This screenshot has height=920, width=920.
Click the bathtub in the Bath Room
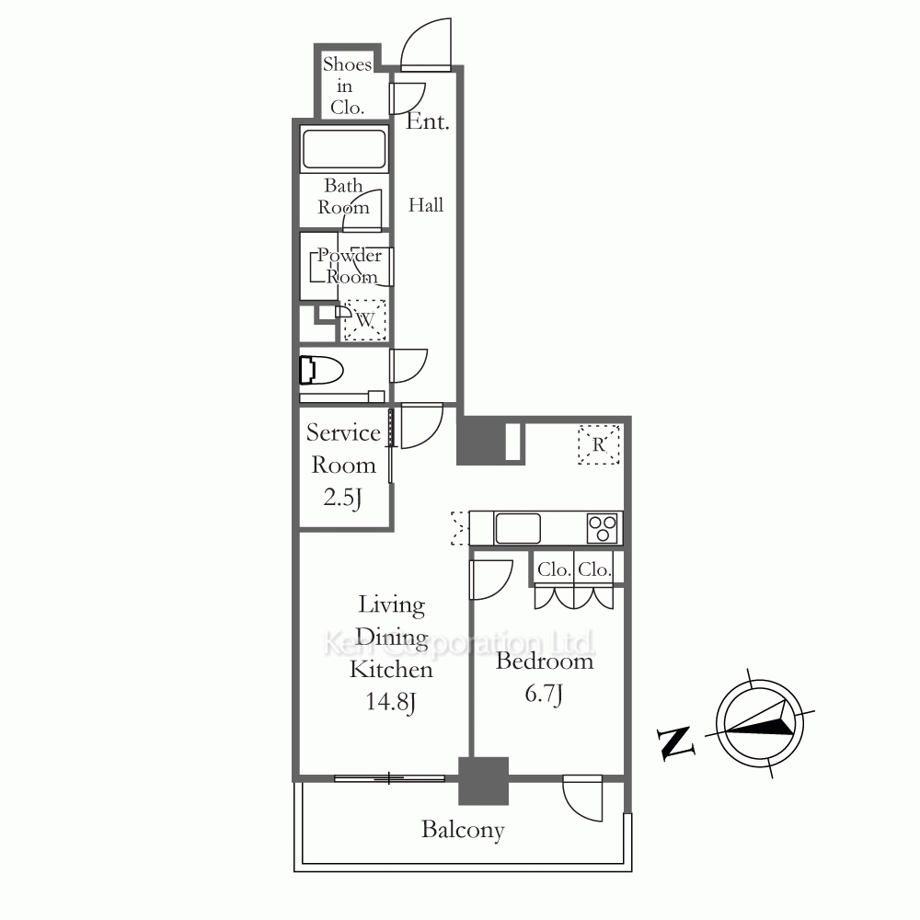click(344, 149)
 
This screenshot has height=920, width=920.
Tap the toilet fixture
click(321, 370)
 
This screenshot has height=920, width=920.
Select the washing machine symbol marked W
click(364, 320)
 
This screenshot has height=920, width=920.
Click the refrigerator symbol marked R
click(599, 444)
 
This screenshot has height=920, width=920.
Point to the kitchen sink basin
click(517, 528)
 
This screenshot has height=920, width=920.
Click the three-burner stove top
click(603, 528)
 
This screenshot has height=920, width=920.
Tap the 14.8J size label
click(391, 702)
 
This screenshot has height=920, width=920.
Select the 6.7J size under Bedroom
click(544, 694)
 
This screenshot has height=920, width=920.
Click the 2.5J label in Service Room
click(342, 498)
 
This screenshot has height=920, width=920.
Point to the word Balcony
click(463, 830)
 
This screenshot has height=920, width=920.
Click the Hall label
click(426, 205)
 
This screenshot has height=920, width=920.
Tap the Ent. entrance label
click(428, 121)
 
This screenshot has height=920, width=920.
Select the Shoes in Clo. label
click(347, 86)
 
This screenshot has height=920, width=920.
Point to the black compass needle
click(759, 720)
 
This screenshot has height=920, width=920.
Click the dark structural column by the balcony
click(484, 781)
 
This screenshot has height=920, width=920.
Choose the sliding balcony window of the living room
click(389, 778)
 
